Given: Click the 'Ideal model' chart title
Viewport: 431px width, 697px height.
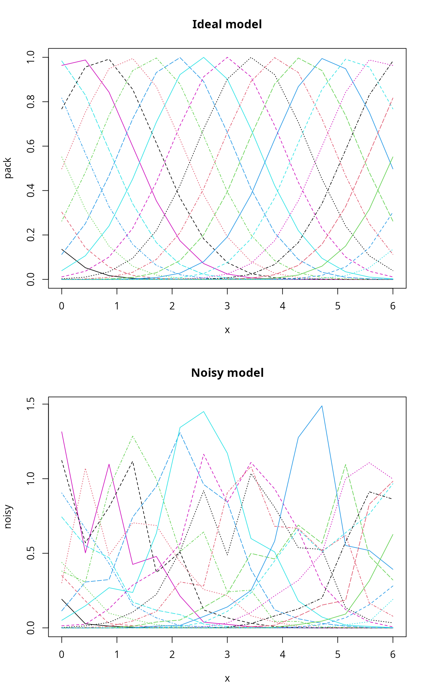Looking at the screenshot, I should click(x=227, y=24).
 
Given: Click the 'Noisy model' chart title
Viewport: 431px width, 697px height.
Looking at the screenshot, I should click(x=227, y=373).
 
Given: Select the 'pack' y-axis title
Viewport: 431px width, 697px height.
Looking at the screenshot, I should click(x=8, y=168).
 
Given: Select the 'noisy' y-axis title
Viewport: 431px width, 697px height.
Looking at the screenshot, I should click(x=8, y=516).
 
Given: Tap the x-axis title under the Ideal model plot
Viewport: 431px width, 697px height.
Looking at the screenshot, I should click(x=227, y=330).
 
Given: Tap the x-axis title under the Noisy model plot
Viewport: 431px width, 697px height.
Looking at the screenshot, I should click(x=227, y=679).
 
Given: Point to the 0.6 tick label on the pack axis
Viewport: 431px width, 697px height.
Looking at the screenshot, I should click(x=30, y=146).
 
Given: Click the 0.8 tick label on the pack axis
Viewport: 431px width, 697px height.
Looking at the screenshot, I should click(x=30, y=102).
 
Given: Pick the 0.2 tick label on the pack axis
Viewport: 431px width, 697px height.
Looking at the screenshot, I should click(x=30, y=235).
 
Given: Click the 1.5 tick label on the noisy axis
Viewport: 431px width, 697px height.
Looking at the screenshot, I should click(x=30, y=404).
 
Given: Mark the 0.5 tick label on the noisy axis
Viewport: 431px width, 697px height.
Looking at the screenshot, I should click(x=30, y=553).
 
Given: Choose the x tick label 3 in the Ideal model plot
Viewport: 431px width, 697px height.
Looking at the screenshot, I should click(x=227, y=306).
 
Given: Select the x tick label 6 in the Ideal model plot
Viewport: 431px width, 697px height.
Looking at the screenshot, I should click(x=393, y=306).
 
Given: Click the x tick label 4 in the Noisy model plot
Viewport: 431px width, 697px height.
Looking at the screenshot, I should click(x=282, y=655).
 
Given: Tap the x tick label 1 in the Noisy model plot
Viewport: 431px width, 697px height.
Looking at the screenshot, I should click(x=117, y=655).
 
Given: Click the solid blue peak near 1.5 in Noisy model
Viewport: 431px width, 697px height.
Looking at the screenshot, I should click(x=322, y=406).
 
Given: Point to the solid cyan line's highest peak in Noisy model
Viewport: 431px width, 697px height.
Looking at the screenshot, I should click(x=203, y=412).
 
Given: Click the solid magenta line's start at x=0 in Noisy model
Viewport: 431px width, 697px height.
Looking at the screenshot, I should click(x=62, y=432).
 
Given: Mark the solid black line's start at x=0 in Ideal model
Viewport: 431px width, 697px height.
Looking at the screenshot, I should click(x=62, y=249).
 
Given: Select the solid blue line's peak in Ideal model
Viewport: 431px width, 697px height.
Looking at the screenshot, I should click(x=322, y=58).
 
